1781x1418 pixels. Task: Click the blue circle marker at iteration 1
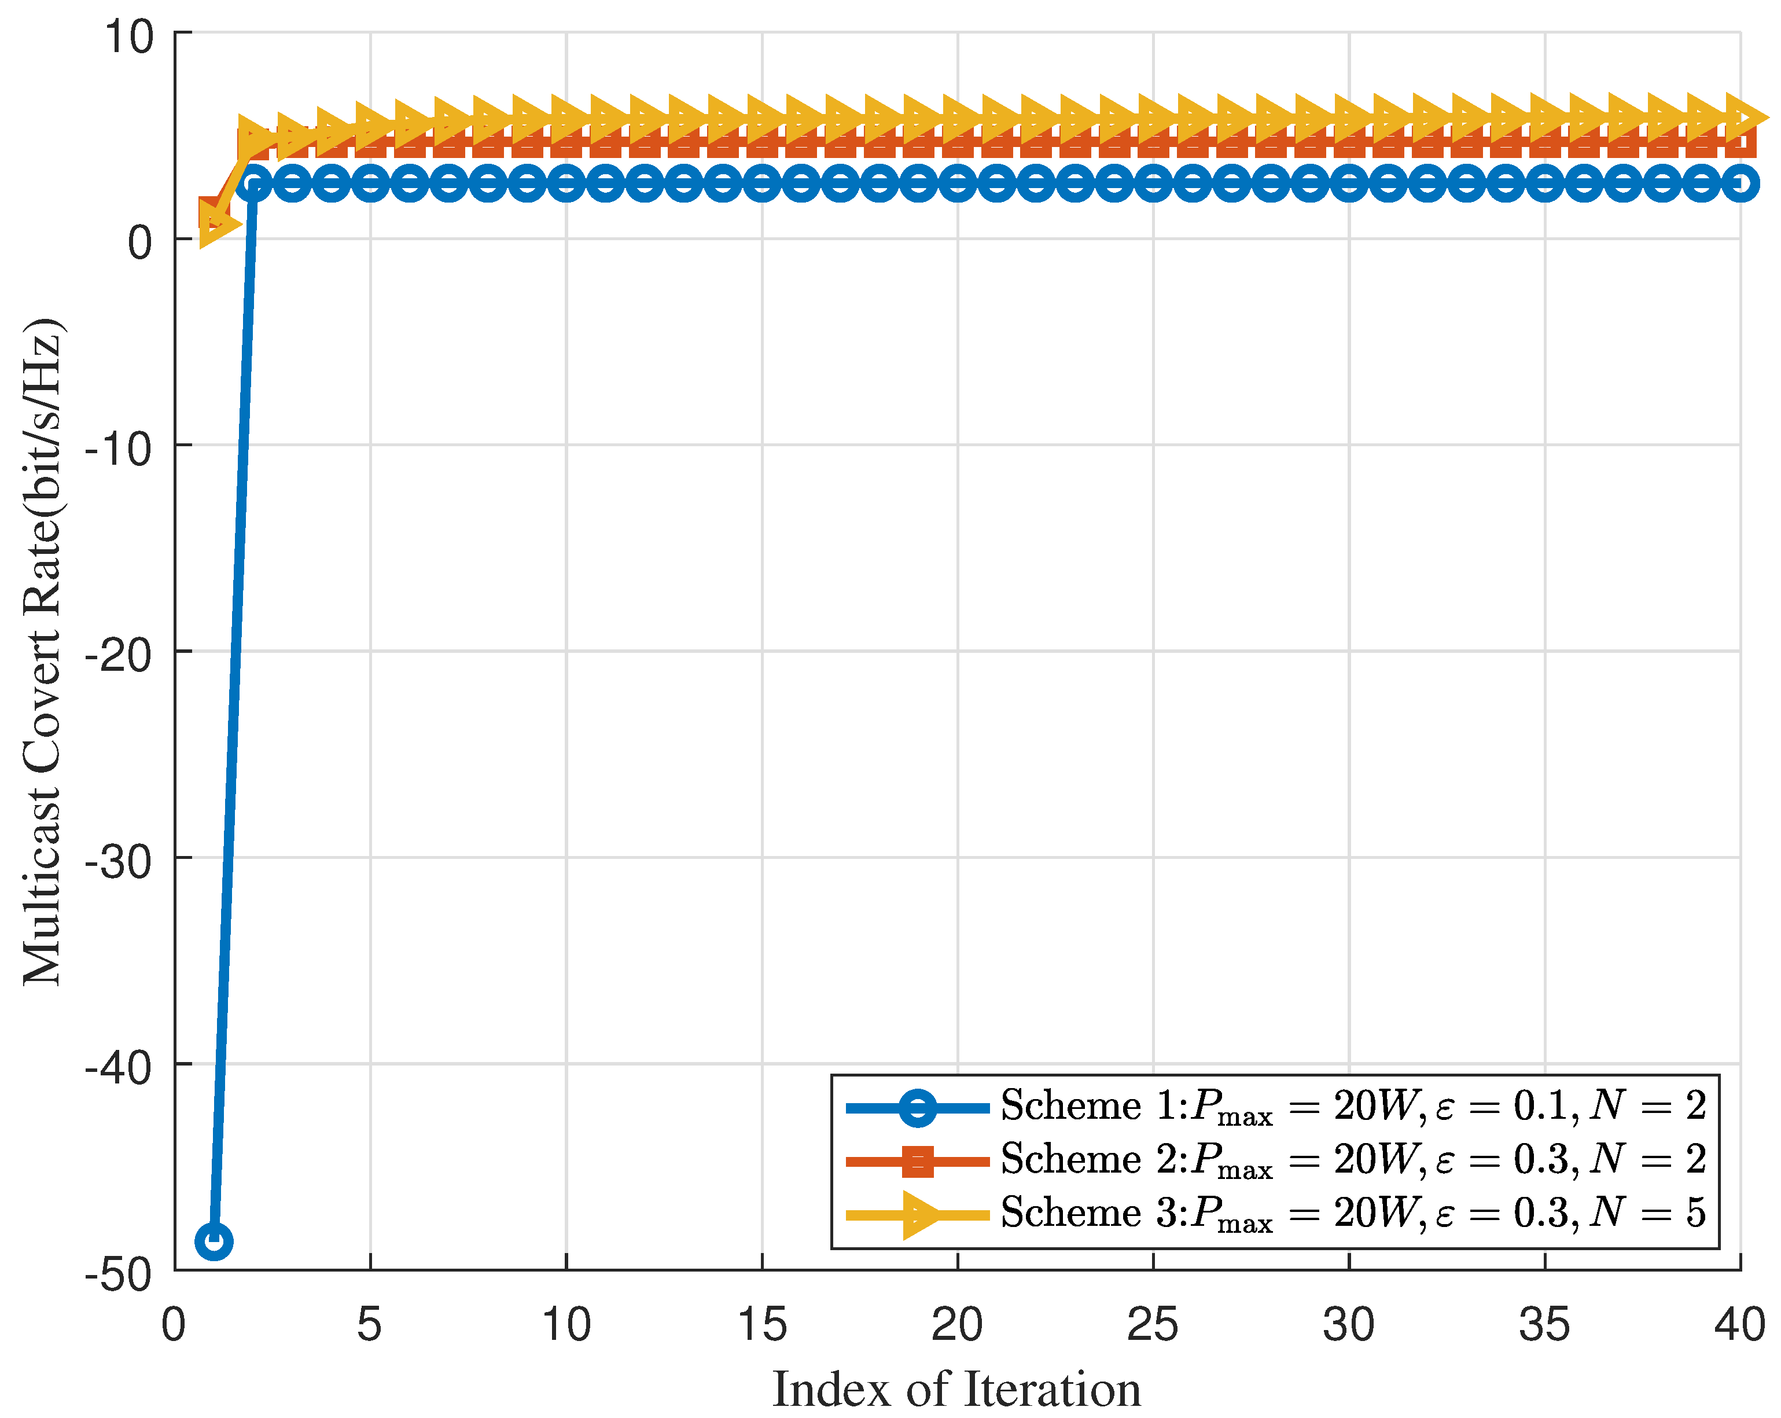[214, 1241]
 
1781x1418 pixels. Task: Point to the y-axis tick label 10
[129, 37]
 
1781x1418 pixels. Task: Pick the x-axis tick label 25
[1153, 1325]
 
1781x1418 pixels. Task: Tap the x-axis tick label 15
[761, 1325]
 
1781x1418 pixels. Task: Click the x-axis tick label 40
[1740, 1325]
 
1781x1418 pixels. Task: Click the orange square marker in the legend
[918, 1161]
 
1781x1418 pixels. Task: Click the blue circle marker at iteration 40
[1740, 183]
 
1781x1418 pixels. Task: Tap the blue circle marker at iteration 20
[958, 183]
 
